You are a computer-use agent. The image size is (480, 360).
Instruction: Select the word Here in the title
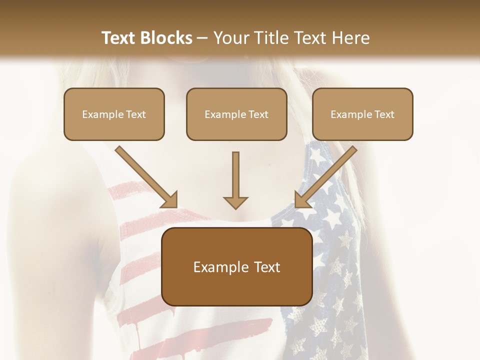349,38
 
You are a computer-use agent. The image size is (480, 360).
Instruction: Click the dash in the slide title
203,38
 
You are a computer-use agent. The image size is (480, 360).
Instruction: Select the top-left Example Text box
114,114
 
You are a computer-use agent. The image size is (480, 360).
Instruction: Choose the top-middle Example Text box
236,114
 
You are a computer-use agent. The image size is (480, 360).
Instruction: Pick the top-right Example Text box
362,114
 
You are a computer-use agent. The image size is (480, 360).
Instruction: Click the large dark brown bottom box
236,266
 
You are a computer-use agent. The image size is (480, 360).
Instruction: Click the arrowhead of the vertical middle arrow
235,202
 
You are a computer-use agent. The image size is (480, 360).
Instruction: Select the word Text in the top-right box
384,114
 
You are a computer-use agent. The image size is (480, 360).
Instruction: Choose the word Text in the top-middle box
258,114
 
